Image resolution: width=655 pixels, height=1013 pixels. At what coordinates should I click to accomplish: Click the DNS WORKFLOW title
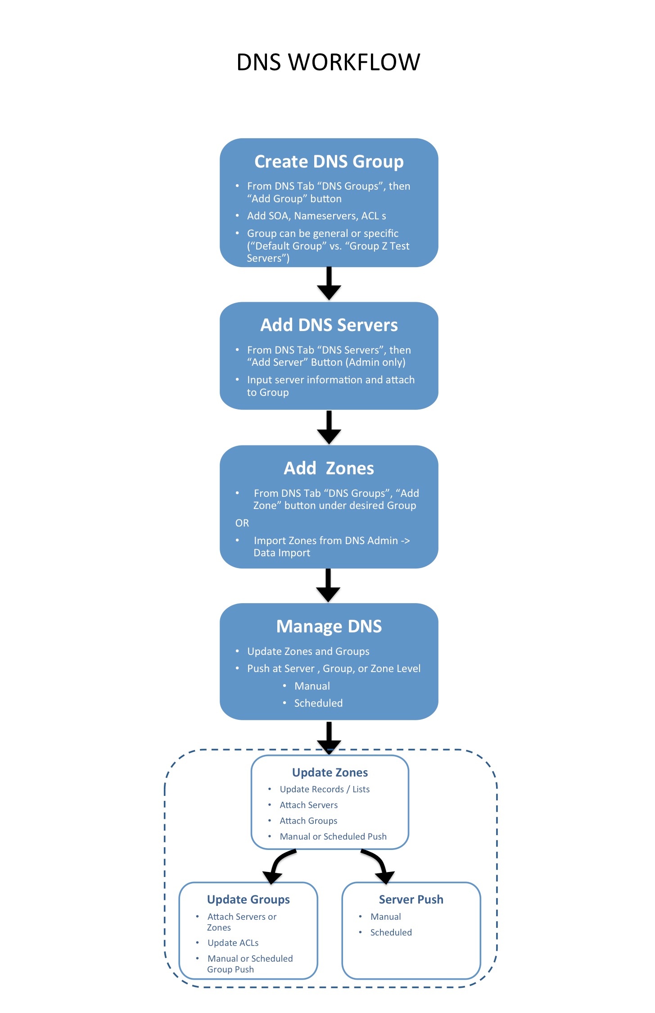pyautogui.click(x=328, y=62)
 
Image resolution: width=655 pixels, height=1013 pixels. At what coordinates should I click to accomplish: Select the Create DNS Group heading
pyautogui.click(x=329, y=162)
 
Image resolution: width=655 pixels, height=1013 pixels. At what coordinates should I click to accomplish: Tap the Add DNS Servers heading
pyautogui.click(x=329, y=325)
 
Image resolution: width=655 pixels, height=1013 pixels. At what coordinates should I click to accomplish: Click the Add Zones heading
pyautogui.click(x=329, y=468)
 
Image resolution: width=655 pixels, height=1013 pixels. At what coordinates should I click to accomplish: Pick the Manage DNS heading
pyautogui.click(x=329, y=627)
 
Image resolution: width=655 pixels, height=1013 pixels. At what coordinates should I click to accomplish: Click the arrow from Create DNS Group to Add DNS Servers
pyautogui.click(x=329, y=284)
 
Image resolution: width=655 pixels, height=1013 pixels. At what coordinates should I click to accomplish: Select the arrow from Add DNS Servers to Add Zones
pyautogui.click(x=329, y=427)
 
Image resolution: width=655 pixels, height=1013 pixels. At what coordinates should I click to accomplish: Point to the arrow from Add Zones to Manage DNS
pyautogui.click(x=329, y=585)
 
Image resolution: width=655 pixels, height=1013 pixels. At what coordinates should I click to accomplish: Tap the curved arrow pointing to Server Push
pyautogui.click(x=378, y=865)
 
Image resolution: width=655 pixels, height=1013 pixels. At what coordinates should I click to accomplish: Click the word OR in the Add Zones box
pyautogui.click(x=242, y=523)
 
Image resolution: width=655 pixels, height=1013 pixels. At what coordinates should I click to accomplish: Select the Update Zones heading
pyautogui.click(x=330, y=772)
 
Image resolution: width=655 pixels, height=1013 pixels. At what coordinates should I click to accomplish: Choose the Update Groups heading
pyautogui.click(x=248, y=899)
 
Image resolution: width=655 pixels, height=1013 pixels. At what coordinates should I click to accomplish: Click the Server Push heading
pyautogui.click(x=411, y=899)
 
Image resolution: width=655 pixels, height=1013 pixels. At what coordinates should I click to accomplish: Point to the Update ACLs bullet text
pyautogui.click(x=233, y=943)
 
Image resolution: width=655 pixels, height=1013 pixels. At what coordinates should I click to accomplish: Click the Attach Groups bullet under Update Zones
pyautogui.click(x=308, y=821)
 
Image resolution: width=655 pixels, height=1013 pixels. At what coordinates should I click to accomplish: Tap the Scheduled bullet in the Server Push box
pyautogui.click(x=391, y=932)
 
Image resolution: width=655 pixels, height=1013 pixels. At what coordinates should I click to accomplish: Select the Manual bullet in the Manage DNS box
pyautogui.click(x=312, y=686)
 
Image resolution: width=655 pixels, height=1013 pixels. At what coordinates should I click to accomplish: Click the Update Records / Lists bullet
pyautogui.click(x=325, y=789)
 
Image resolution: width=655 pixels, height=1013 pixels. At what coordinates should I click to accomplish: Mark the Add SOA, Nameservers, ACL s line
pyautogui.click(x=316, y=216)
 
